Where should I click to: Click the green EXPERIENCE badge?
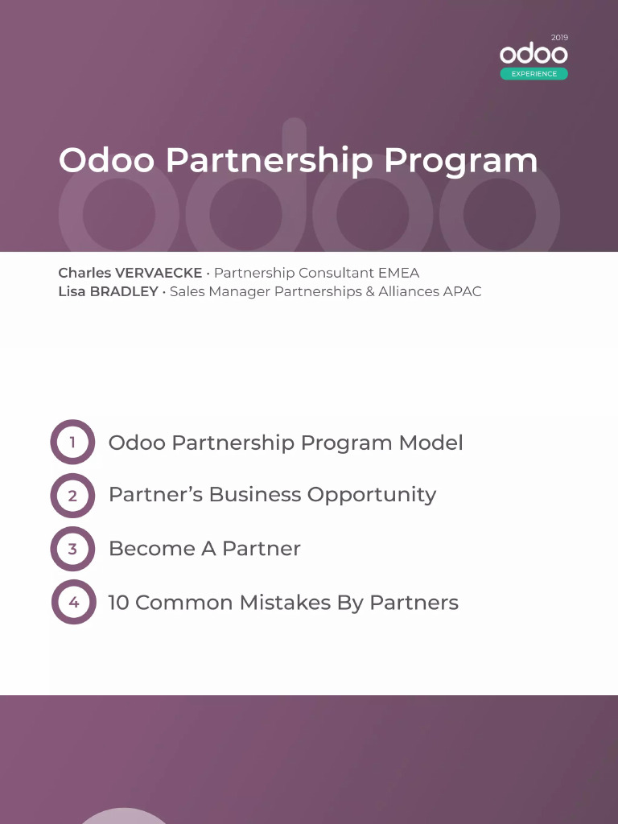(534, 74)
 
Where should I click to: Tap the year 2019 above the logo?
(559, 38)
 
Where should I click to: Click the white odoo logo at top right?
(534, 55)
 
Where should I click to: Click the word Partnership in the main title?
(270, 161)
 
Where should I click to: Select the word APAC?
(462, 291)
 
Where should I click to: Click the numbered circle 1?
(72, 442)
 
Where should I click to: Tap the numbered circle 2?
(72, 496)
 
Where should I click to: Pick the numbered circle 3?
(72, 549)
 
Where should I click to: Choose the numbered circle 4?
(74, 602)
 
